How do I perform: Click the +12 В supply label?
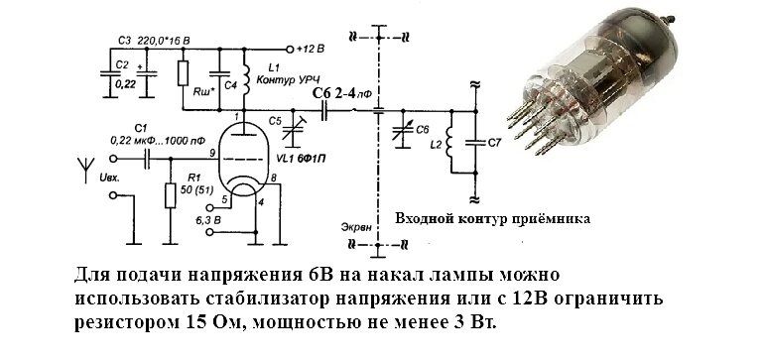click(315, 48)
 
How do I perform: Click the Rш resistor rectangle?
click(184, 73)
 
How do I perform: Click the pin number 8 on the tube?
click(273, 177)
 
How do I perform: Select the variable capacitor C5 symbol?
click(291, 125)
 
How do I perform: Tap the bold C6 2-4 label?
click(343, 92)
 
